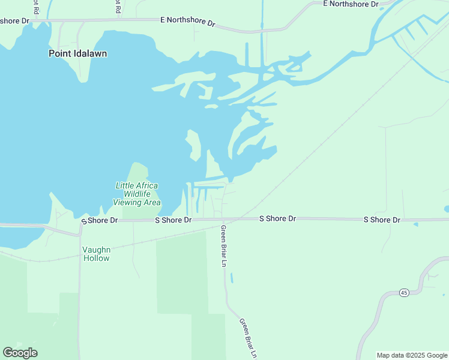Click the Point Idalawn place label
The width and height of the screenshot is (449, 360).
77,53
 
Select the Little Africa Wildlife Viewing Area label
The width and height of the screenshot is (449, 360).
137,194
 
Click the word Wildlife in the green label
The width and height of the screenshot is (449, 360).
138,194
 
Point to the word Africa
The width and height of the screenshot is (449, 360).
146,185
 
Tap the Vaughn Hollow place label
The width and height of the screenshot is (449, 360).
96,254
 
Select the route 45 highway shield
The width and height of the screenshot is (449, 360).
404,292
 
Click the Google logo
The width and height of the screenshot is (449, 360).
20,352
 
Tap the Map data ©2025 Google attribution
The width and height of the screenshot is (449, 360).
412,355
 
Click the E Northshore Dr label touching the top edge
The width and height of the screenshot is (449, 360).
351,4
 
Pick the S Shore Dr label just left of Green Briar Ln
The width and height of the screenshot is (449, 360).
173,220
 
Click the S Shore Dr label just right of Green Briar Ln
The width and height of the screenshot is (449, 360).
277,218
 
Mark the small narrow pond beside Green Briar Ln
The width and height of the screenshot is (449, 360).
231,278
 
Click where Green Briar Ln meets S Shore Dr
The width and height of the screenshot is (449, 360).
222,220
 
